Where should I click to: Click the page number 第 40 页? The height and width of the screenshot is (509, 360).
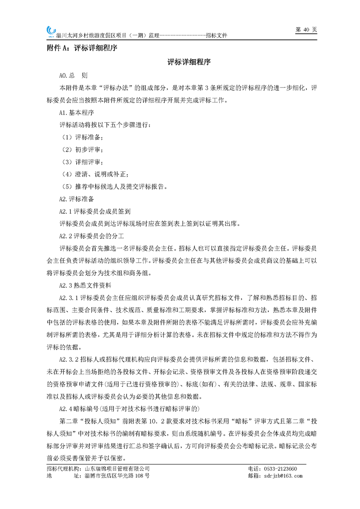(x=306, y=29)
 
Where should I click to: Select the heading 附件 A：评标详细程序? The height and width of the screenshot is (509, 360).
(x=82, y=48)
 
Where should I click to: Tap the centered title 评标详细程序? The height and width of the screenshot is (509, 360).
(x=188, y=62)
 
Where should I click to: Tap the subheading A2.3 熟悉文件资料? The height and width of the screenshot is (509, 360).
(x=89, y=285)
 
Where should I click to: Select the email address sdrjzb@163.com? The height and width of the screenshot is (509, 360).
(x=281, y=476)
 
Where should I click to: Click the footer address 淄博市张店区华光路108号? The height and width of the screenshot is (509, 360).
(x=117, y=476)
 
